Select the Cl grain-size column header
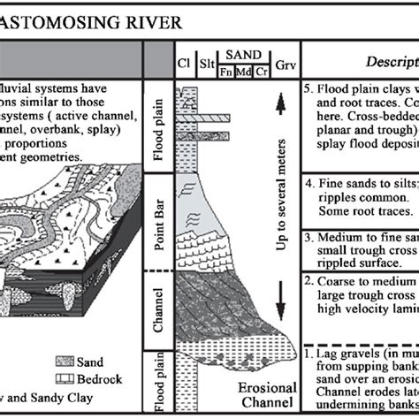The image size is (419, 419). coord(185,64)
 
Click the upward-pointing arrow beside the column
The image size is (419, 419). coord(281,106)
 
